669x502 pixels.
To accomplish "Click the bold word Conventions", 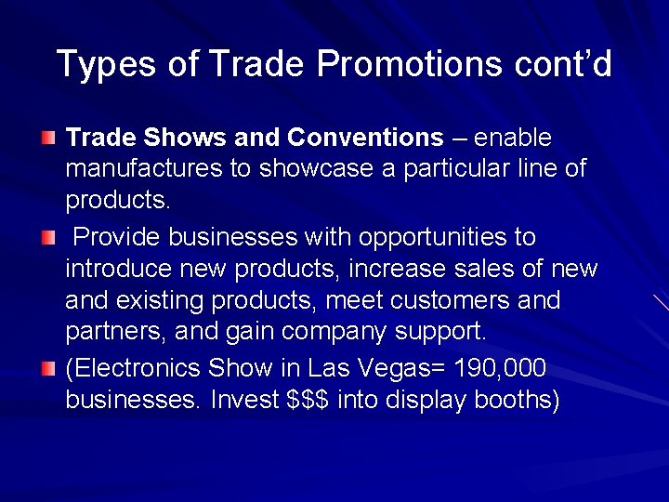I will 365,138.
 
